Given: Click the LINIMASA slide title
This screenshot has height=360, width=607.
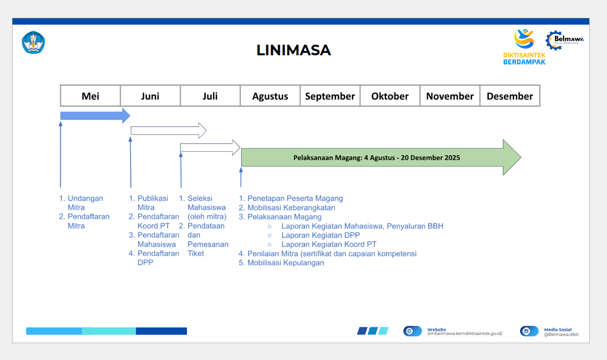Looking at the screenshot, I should tap(293, 50).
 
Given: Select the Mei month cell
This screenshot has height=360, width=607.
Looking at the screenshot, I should tap(90, 96).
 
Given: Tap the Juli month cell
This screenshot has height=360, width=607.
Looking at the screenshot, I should tap(210, 96).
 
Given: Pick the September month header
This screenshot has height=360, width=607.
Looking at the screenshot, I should tap(330, 96).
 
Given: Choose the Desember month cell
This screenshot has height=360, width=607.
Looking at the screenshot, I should tap(509, 96).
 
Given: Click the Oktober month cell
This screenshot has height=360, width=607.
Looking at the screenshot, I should tap(390, 96).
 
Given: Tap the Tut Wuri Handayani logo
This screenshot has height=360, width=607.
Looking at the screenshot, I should tap(33, 42).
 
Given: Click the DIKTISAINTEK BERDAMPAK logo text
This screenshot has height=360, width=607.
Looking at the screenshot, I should tap(524, 59).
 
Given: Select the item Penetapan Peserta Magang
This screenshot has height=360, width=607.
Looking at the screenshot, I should tap(295, 199).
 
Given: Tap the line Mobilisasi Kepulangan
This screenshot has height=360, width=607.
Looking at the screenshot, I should tap(285, 263).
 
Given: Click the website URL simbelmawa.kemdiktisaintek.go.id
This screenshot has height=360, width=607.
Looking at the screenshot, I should tap(464, 334).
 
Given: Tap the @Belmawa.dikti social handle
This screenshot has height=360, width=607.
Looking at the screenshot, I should tap(561, 335).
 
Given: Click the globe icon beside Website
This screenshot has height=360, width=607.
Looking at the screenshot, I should tap(409, 331).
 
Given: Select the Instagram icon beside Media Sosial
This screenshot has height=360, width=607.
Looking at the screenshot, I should tap(526, 331).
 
